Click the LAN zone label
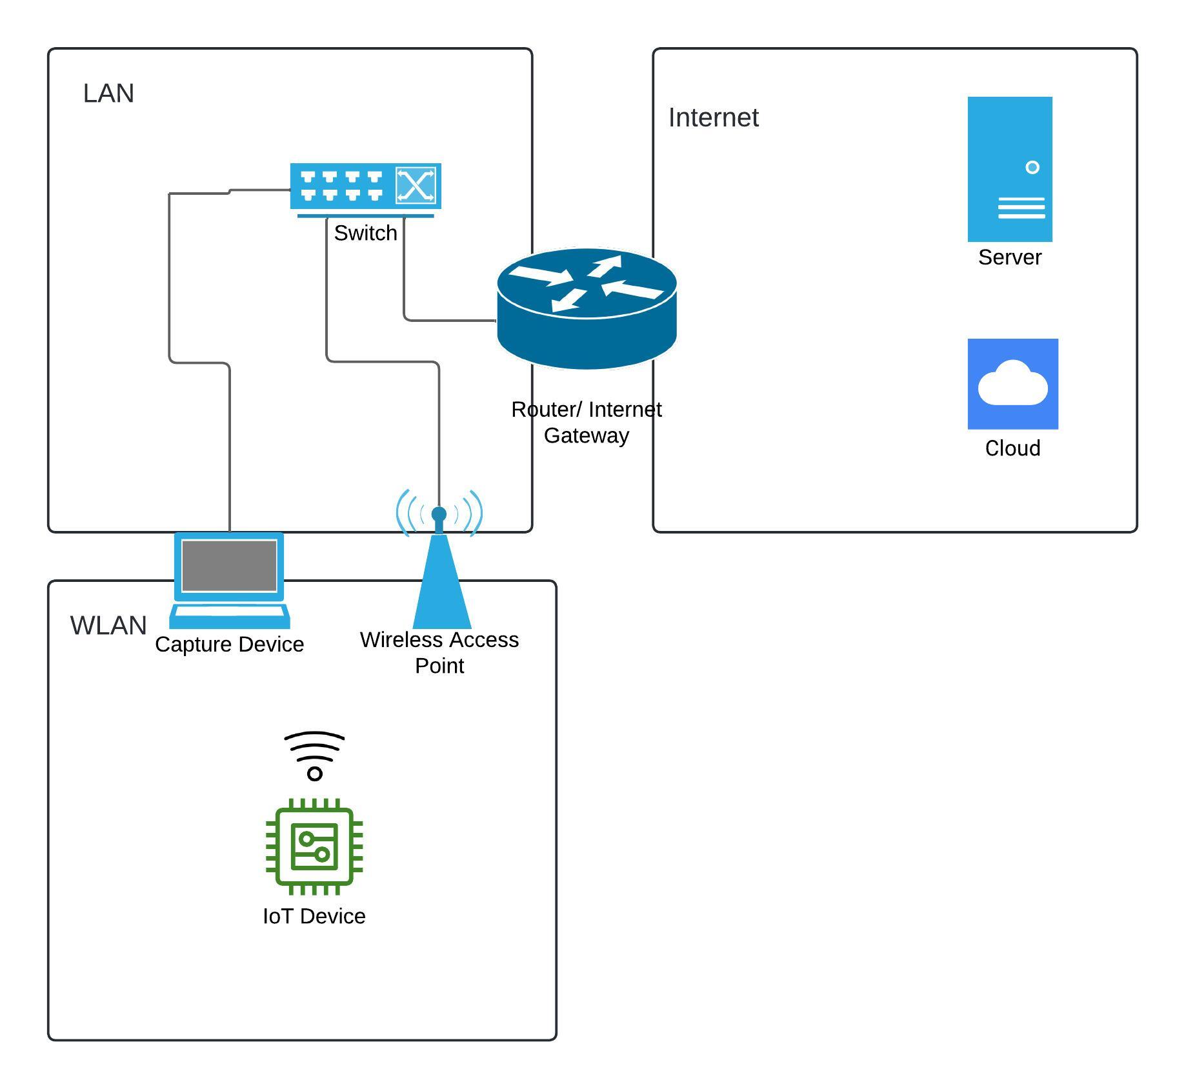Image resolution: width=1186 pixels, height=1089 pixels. pos(108,94)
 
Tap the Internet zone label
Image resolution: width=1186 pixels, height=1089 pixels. pos(713,117)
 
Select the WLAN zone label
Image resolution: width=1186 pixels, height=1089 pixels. pos(108,626)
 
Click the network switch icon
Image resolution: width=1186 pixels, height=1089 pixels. pos(365,188)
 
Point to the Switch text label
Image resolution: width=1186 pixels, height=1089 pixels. pos(365,233)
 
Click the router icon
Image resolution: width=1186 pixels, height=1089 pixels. pos(587,308)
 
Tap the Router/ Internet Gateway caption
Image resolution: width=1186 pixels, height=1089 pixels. pos(587,423)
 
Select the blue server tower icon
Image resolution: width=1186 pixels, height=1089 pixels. pos(1010,169)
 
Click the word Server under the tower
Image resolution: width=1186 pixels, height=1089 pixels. pos(1010,257)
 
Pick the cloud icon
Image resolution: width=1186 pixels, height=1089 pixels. pos(1012,384)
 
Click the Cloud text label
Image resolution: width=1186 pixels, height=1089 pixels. pos(1012,448)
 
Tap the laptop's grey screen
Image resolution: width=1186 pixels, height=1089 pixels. pos(229,566)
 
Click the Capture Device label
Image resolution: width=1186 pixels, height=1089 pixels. pos(229,644)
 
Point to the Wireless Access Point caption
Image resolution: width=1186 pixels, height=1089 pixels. pos(439,652)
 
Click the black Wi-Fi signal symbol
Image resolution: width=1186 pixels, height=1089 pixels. pos(314,755)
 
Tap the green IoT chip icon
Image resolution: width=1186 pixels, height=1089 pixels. pos(314,846)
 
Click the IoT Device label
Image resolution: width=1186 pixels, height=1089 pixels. pos(314,916)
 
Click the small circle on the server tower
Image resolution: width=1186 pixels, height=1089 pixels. pos(1032,168)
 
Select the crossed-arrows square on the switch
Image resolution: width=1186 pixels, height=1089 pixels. pos(416,186)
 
